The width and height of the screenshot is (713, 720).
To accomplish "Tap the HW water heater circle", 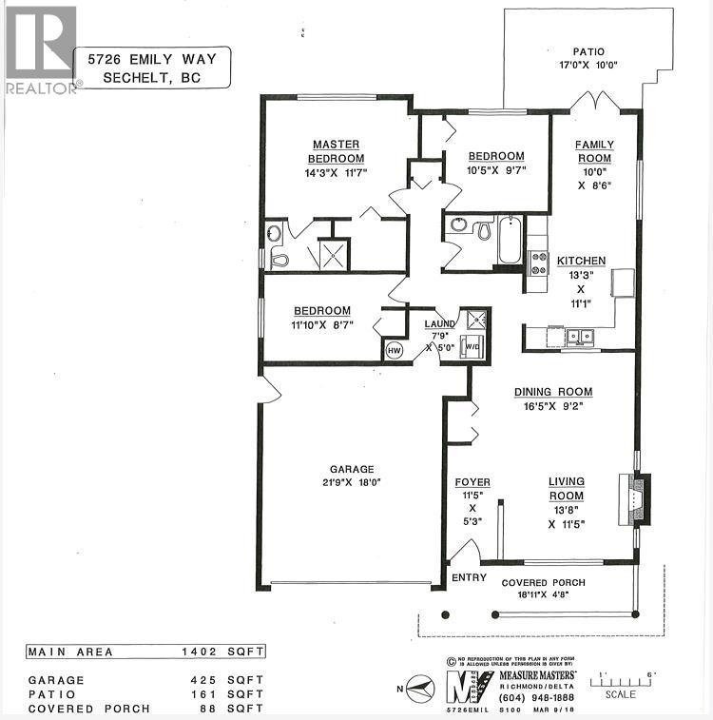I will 395,350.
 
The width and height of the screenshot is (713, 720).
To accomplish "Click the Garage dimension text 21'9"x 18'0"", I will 353,484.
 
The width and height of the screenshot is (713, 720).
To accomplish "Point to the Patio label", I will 588,52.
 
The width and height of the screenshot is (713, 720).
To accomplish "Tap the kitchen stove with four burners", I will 538,262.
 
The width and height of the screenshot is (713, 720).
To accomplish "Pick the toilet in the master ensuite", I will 279,257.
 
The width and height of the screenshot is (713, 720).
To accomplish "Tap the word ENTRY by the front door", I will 469,577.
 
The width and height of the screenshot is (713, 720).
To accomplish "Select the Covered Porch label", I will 543,582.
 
